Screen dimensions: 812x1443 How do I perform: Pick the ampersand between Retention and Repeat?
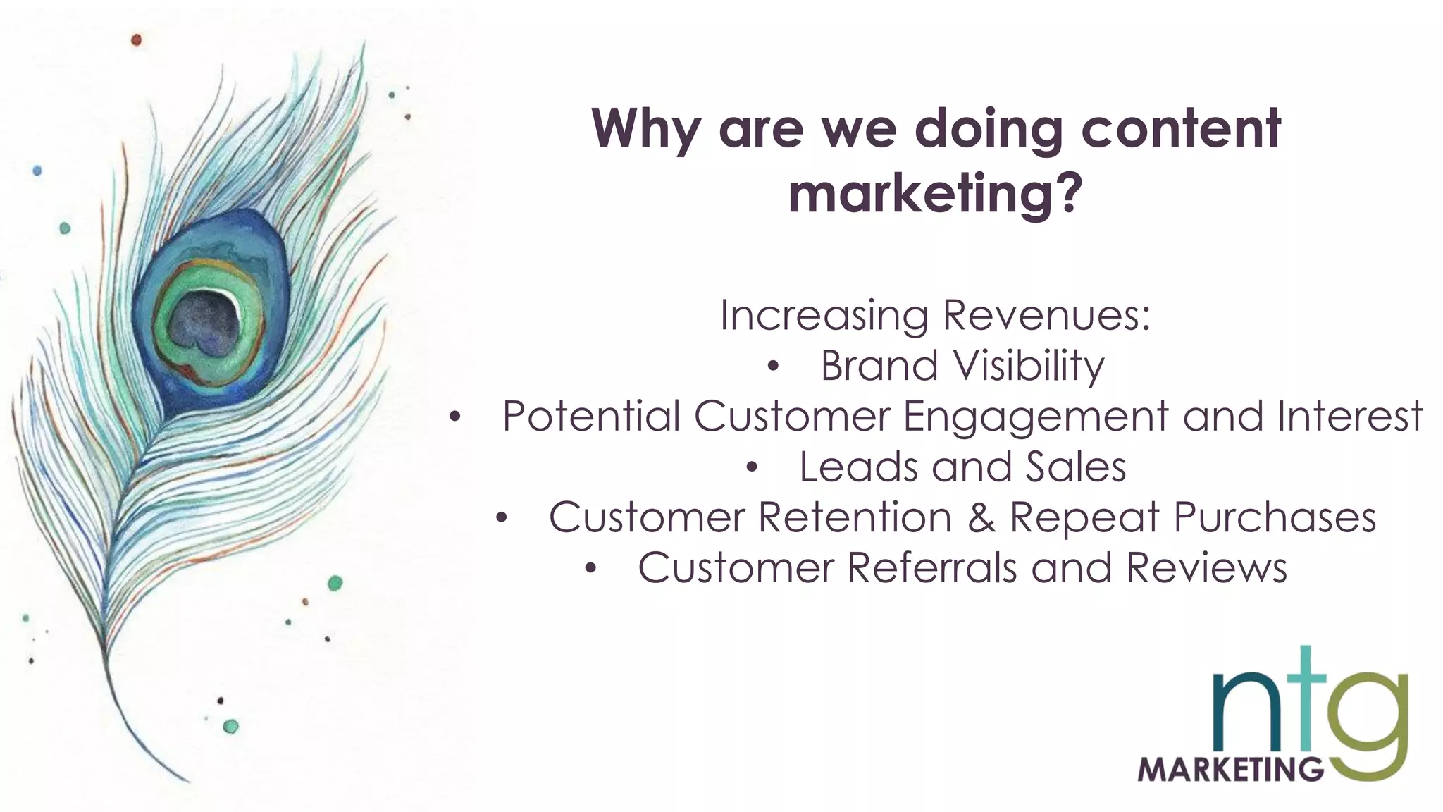pyautogui.click(x=981, y=517)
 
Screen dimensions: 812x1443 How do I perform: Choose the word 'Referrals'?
pyautogui.click(x=932, y=568)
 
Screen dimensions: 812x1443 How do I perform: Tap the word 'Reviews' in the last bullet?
pyautogui.click(x=1206, y=568)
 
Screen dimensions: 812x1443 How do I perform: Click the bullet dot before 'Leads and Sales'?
pyautogui.click(x=752, y=468)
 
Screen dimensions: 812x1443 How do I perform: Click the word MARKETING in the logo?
pyautogui.click(x=1230, y=769)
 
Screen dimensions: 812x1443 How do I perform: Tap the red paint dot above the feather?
pyautogui.click(x=136, y=40)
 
